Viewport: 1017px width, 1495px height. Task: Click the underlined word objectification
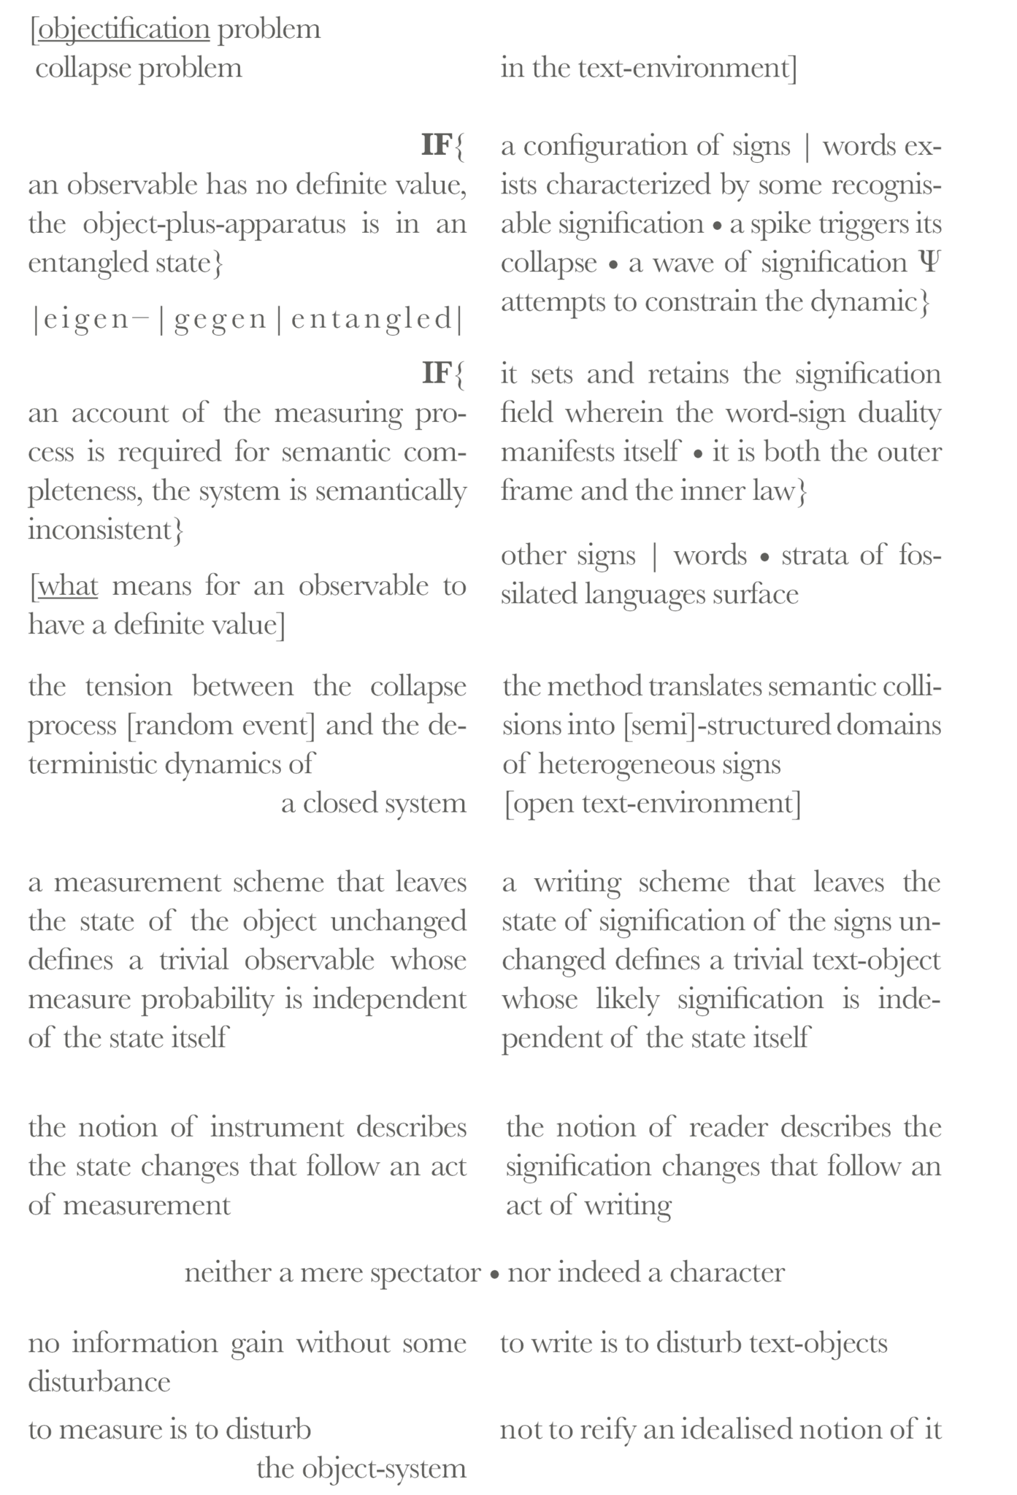[x=123, y=30]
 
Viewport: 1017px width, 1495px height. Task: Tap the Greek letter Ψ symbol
[x=929, y=262]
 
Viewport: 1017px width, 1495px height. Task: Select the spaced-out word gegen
[x=220, y=320]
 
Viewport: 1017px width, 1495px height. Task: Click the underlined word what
[x=67, y=585]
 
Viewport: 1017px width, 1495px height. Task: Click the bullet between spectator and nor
[x=494, y=1274]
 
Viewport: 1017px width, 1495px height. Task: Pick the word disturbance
[x=99, y=1381]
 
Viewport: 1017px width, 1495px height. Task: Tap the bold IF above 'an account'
[x=437, y=374]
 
